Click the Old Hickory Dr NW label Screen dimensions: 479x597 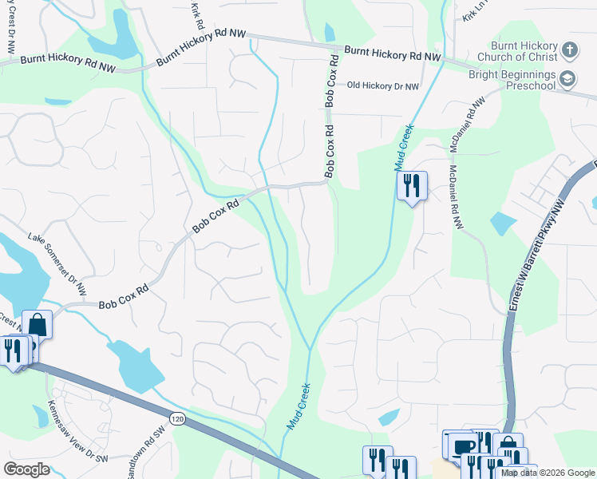(382, 86)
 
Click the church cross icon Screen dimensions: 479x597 (569, 50)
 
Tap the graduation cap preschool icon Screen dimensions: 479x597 (567, 78)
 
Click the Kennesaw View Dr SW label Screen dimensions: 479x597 (77, 432)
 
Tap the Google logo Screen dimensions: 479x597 (26, 469)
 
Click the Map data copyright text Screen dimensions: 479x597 (547, 473)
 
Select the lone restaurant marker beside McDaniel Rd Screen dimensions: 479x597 (413, 186)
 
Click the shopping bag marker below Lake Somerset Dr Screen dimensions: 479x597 (37, 324)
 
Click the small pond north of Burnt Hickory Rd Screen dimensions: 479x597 (329, 32)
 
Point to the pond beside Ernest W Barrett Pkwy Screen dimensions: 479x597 (503, 223)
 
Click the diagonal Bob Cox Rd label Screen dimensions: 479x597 (215, 217)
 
